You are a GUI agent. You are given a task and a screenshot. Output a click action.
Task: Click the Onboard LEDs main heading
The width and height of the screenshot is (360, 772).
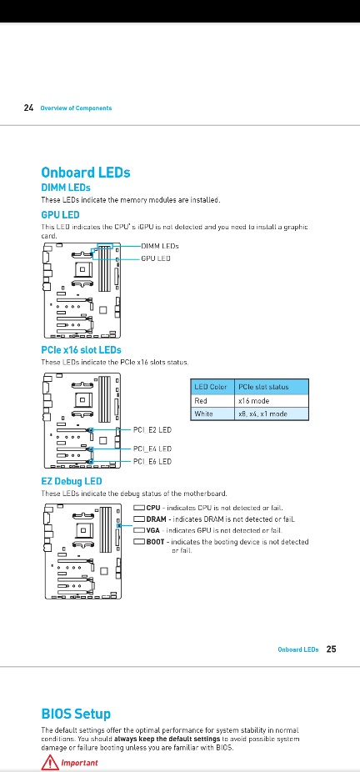(86, 173)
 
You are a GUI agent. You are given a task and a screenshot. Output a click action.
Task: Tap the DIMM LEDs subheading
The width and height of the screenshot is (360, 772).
(65, 188)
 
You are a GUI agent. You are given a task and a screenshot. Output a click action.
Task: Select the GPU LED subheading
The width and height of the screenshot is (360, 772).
(60, 214)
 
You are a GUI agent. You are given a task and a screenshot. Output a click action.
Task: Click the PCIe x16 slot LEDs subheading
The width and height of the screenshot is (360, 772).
(81, 350)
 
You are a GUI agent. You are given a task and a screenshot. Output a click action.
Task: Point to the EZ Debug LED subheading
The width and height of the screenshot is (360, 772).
(72, 481)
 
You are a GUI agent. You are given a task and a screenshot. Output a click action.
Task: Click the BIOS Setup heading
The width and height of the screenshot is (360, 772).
(76, 714)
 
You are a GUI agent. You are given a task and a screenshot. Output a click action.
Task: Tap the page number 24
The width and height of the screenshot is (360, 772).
(28, 108)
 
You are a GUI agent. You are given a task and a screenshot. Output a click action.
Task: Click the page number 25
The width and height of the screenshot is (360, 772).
(332, 649)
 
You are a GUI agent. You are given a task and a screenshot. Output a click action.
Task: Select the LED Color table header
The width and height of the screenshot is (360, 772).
(211, 387)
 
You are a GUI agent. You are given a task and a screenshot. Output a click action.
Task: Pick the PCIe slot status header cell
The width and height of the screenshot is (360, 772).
(271, 387)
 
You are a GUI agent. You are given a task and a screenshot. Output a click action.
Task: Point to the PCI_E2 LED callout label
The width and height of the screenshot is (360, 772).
(152, 430)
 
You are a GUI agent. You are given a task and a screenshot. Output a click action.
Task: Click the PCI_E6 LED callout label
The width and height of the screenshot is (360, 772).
(152, 462)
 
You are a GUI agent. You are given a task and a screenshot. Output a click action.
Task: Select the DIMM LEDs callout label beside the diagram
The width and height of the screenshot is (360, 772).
(160, 246)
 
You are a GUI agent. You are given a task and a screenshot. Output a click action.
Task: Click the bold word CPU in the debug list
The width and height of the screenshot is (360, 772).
(153, 508)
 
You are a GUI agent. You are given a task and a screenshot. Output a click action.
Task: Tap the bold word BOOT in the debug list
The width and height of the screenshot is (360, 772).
(155, 542)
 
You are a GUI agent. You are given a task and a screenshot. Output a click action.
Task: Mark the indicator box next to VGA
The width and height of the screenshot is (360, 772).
(138, 531)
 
